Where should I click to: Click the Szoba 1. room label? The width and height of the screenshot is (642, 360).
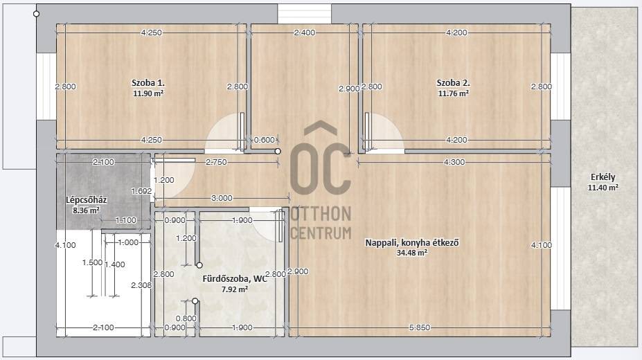(148, 82)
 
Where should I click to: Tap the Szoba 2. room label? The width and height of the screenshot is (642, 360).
(453, 82)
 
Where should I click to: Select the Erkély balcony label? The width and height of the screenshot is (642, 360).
(603, 177)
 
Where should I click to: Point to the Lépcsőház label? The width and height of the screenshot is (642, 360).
(87, 200)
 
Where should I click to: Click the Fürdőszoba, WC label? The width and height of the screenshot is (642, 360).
(235, 279)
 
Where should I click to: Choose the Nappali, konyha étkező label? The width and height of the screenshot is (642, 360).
(412, 242)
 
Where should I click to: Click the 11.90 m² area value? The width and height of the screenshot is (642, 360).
(148, 93)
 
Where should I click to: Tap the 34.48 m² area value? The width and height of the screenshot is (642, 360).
(412, 253)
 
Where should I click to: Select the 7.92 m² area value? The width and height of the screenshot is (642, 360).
(235, 289)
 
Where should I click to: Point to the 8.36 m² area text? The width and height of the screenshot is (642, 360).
(86, 210)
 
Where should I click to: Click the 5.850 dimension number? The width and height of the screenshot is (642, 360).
(420, 327)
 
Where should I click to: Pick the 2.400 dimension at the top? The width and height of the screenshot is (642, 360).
(305, 33)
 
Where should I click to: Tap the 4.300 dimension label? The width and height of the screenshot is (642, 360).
(454, 163)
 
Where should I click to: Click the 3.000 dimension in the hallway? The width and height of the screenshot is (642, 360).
(222, 198)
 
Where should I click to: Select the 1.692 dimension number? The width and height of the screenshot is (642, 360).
(141, 191)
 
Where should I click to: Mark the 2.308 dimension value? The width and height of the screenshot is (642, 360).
(141, 285)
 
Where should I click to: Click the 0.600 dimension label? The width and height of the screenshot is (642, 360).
(264, 140)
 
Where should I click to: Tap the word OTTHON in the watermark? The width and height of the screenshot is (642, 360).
(321, 214)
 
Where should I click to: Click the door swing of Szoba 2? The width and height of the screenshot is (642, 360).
(385, 132)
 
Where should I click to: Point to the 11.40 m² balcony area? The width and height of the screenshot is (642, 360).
(603, 188)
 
